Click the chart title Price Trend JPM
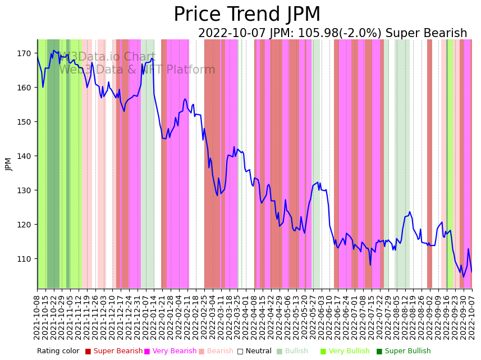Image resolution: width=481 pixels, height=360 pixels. pyautogui.click(x=247, y=15)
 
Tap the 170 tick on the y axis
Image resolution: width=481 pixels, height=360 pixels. pyautogui.click(x=24, y=53)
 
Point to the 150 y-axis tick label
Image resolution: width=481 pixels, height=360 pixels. pyautogui.click(x=24, y=122)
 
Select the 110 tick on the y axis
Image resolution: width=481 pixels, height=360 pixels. pyautogui.click(x=24, y=259)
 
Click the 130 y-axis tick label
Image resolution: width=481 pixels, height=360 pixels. pyautogui.click(x=24, y=190)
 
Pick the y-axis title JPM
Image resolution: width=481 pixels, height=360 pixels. pyautogui.click(x=8, y=164)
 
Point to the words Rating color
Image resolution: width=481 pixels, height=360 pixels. pyautogui.click(x=58, y=352)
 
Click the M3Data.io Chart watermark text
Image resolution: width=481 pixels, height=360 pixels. pyautogui.click(x=107, y=57)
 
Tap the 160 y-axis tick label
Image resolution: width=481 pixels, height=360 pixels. pyautogui.click(x=24, y=88)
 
